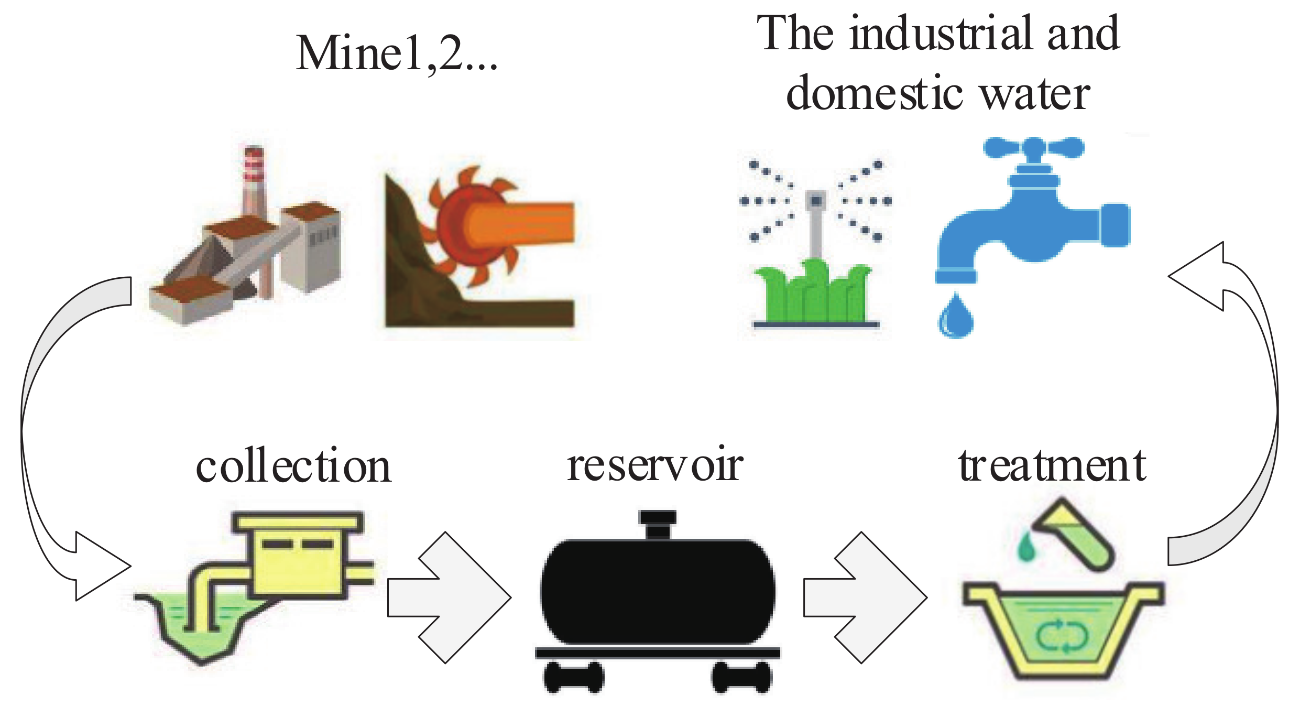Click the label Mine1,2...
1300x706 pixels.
click(x=396, y=53)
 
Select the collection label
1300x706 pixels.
click(x=293, y=466)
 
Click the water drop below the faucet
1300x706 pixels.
click(x=955, y=317)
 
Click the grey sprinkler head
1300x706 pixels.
click(x=815, y=202)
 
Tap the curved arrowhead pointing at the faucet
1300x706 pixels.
click(x=1200, y=277)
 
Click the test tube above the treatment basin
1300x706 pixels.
click(x=1074, y=535)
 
